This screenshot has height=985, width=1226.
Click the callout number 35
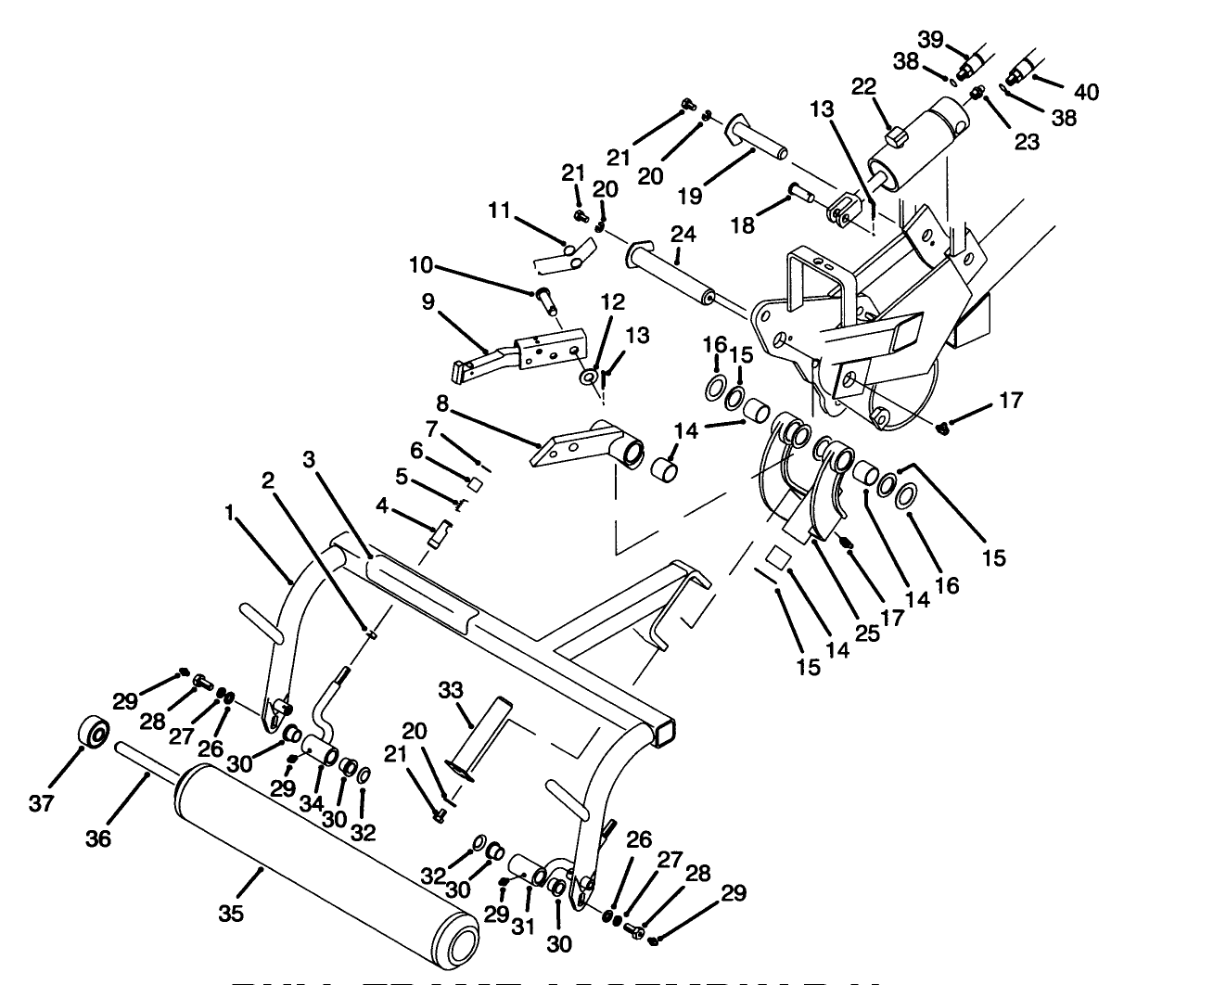point(231,913)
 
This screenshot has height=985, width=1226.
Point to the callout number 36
point(98,838)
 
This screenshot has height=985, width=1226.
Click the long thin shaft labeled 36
point(148,759)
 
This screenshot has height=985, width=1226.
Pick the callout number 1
point(228,511)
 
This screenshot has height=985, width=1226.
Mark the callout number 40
point(1086,92)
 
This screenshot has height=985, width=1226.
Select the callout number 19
point(688,196)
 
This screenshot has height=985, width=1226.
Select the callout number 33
point(451,690)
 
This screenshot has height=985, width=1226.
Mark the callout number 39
point(930,39)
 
